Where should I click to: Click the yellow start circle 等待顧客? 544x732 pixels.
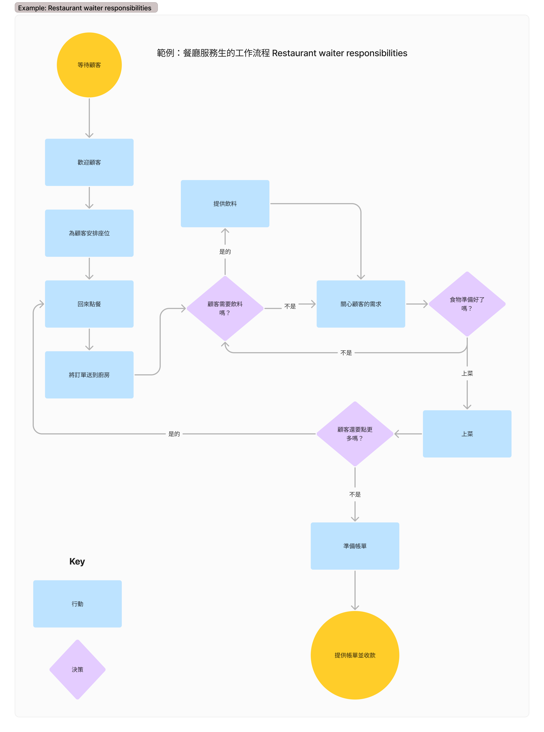[89, 65]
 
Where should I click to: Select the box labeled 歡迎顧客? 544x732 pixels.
[89, 162]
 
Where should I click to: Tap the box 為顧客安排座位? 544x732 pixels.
[89, 233]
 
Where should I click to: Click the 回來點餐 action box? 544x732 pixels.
[89, 304]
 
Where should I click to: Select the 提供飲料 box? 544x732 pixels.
[225, 203]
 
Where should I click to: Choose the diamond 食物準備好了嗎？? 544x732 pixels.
[467, 304]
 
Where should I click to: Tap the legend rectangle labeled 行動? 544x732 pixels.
[77, 604]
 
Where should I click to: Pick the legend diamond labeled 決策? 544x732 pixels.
[77, 669]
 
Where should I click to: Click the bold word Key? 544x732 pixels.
[77, 561]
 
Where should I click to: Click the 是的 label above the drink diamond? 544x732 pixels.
[225, 251]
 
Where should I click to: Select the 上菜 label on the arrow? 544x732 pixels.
[467, 373]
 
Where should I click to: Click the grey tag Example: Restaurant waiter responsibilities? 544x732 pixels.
[86, 8]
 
